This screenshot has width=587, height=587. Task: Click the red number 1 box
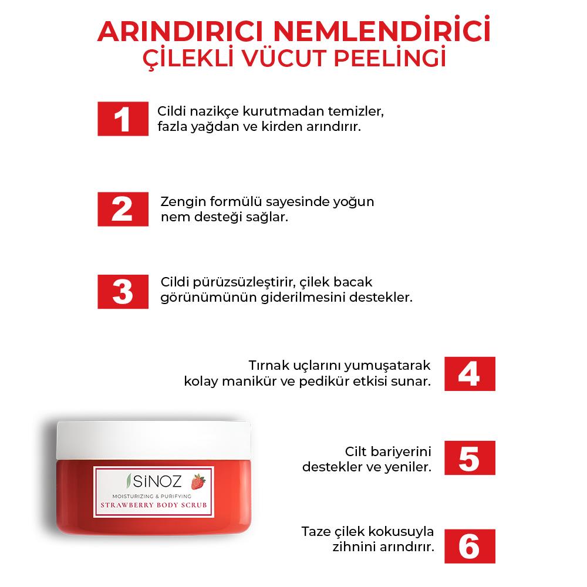122,119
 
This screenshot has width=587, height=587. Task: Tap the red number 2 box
122,209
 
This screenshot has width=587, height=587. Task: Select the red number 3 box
122,291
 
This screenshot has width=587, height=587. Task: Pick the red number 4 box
469,374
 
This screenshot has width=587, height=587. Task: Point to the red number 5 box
469,458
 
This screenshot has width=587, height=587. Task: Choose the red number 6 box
469,546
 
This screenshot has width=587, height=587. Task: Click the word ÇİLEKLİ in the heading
186,60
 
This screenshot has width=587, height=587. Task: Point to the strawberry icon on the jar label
198,483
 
